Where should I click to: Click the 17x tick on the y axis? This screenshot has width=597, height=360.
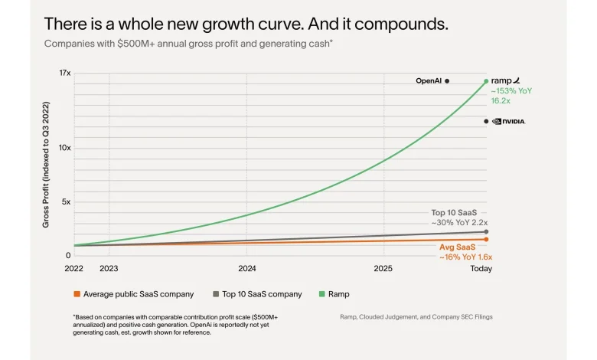click(65, 73)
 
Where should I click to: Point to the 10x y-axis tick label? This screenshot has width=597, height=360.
click(65, 148)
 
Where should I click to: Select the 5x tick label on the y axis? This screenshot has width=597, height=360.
click(67, 202)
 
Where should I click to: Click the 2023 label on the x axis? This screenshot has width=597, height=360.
click(109, 269)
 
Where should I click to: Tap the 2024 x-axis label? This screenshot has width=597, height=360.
click(247, 269)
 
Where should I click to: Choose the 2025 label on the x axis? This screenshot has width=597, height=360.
click(383, 269)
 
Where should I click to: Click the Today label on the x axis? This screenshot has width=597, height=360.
click(481, 269)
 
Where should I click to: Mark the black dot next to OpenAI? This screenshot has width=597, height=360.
click(447, 80)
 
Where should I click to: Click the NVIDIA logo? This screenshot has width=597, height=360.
click(508, 121)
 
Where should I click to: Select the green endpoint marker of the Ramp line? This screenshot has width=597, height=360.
click(486, 80)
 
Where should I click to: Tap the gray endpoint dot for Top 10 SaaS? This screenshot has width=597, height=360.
click(486, 231)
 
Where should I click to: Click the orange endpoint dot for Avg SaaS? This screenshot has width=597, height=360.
click(486, 239)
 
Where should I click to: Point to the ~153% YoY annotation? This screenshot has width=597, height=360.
click(511, 90)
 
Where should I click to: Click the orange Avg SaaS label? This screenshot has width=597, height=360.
click(457, 247)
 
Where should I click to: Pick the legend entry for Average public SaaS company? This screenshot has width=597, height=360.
click(133, 294)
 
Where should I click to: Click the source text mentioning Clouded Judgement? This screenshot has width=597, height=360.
click(417, 316)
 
